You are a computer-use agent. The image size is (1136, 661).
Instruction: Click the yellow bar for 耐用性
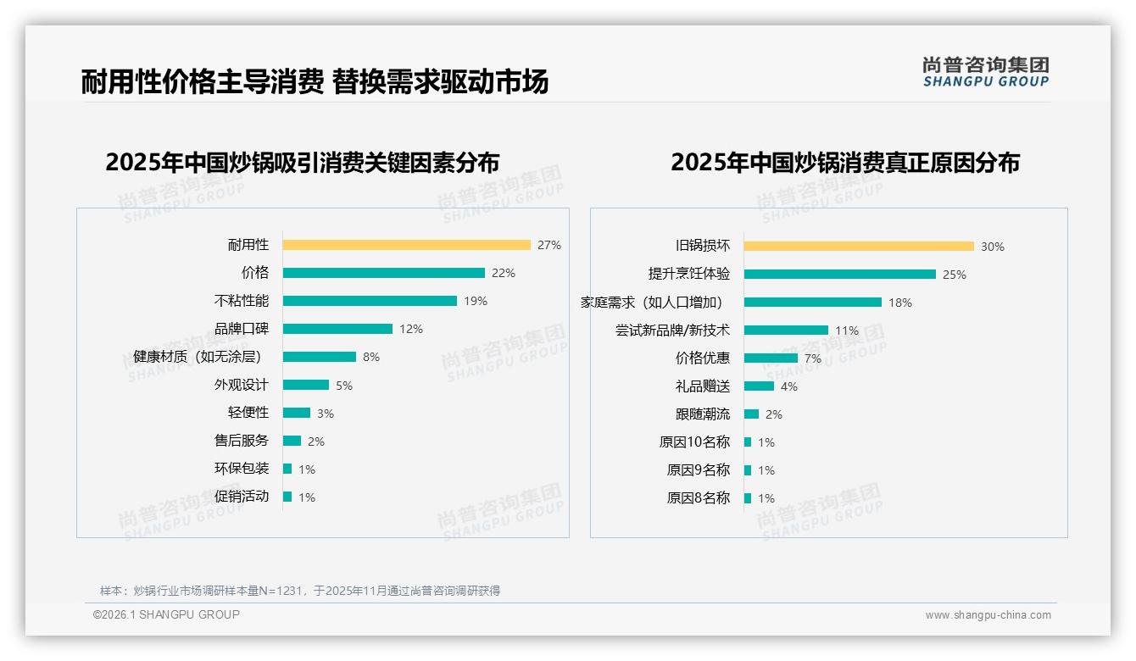click(x=406, y=245)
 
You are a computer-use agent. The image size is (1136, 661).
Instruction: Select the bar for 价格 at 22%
click(x=383, y=273)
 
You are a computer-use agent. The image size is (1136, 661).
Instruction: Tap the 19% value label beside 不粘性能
click(x=476, y=301)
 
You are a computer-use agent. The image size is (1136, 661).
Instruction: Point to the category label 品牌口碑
click(x=241, y=329)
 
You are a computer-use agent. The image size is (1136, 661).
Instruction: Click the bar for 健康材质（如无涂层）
click(x=319, y=357)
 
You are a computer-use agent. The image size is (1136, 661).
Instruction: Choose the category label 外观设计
click(x=241, y=385)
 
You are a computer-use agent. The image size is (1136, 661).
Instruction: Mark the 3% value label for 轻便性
click(x=326, y=414)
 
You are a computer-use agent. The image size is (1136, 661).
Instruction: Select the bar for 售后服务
click(x=292, y=441)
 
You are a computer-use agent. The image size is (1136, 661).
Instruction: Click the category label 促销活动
click(x=241, y=497)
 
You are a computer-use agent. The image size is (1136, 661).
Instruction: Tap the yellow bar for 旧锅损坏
click(x=859, y=247)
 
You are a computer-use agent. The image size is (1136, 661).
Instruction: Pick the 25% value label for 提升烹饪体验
click(x=955, y=275)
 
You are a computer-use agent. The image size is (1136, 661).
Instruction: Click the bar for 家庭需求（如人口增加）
click(x=812, y=303)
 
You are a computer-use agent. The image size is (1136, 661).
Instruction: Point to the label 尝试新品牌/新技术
click(x=672, y=330)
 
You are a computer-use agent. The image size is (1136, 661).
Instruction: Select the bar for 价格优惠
click(x=771, y=358)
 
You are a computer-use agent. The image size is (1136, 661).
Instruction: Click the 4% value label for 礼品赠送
click(x=789, y=386)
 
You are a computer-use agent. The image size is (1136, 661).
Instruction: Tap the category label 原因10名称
click(x=693, y=442)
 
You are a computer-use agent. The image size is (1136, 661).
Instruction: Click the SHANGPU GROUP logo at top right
click(x=985, y=72)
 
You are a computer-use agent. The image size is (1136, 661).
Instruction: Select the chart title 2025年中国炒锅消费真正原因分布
click(x=844, y=162)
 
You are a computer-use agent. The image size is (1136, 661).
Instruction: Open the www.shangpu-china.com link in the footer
click(x=988, y=615)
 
